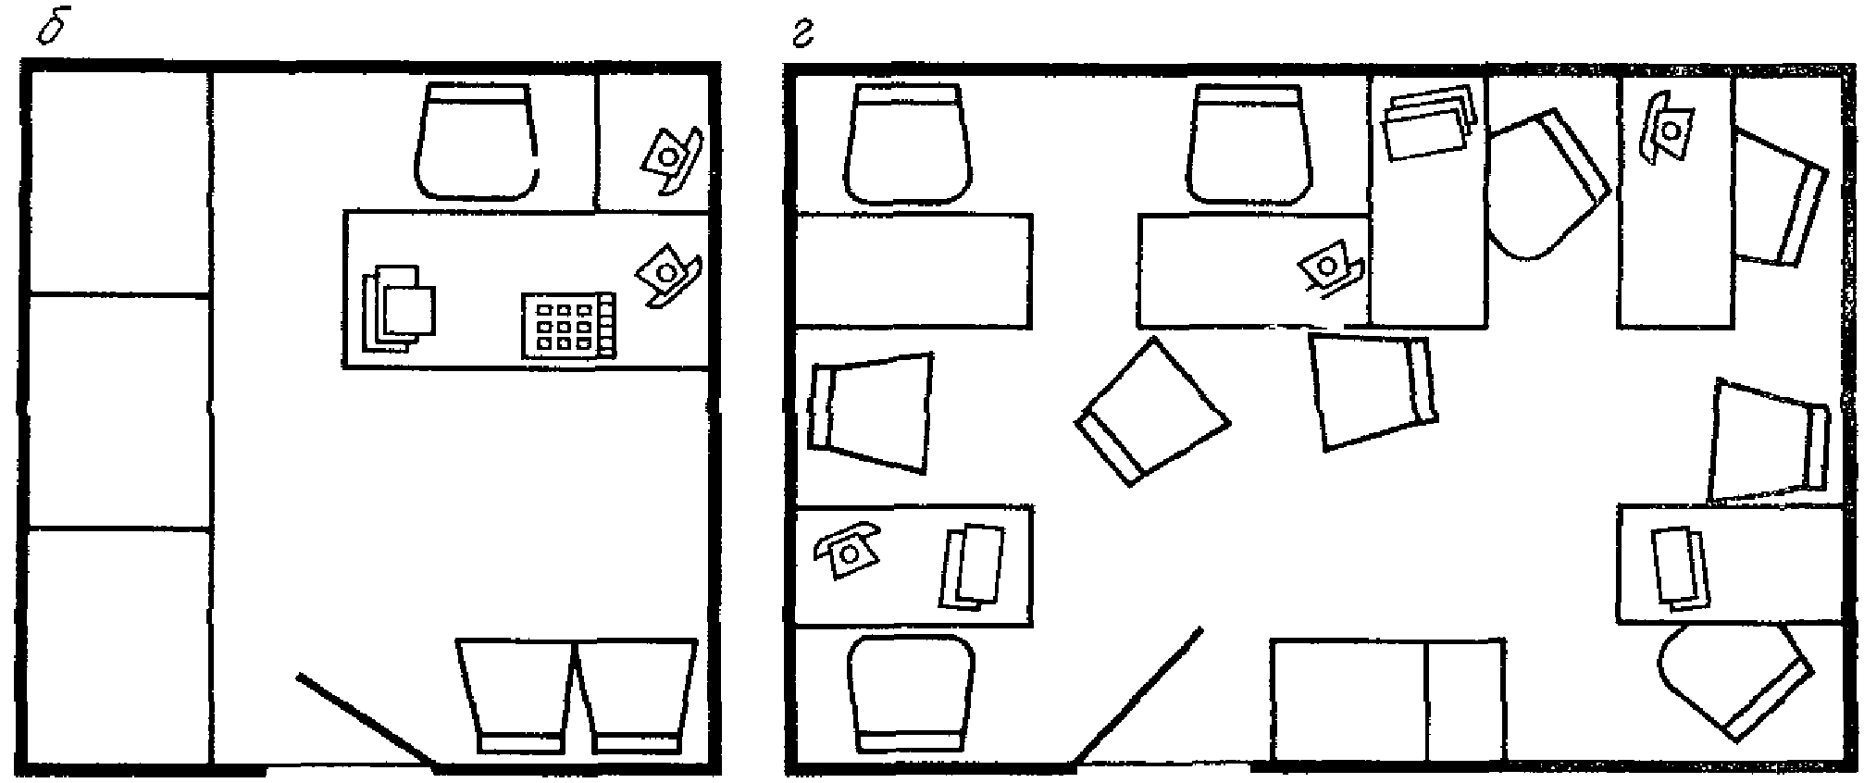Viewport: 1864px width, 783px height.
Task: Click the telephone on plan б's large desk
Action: (667, 273)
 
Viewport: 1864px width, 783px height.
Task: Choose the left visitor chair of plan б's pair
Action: (516, 698)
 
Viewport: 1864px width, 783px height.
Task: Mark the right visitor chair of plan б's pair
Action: (636, 698)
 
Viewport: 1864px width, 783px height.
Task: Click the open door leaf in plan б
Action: (367, 721)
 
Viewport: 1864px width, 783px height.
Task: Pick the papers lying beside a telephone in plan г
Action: (971, 565)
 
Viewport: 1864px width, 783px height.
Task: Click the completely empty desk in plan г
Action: (913, 270)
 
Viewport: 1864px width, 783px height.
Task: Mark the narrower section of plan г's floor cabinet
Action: (1465, 700)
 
